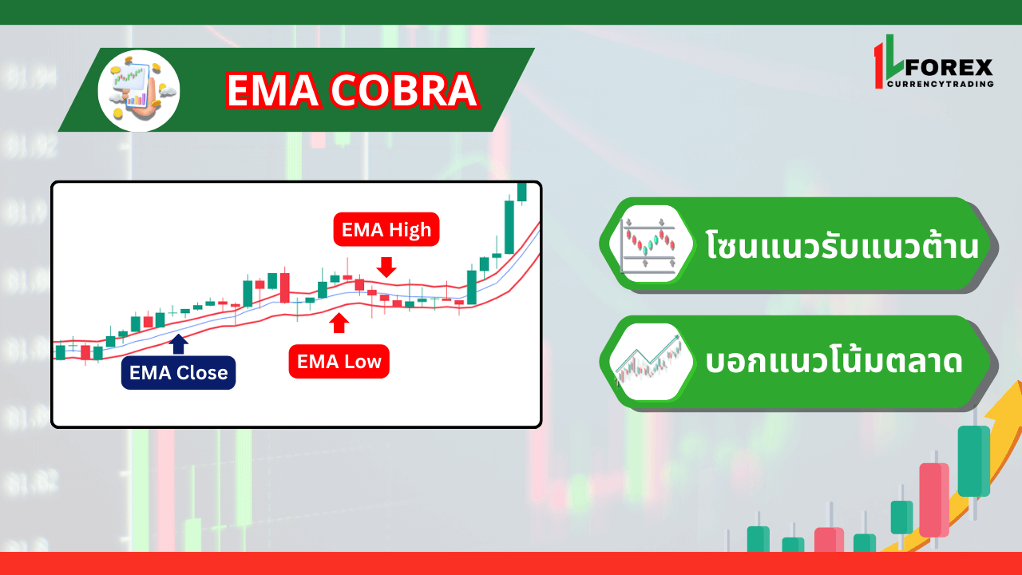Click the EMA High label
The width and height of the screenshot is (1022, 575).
tap(386, 230)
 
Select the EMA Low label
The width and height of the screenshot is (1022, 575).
tap(339, 362)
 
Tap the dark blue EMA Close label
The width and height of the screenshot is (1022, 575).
tap(178, 373)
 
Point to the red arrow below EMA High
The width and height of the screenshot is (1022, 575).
tap(387, 267)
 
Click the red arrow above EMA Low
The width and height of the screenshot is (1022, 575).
tap(339, 323)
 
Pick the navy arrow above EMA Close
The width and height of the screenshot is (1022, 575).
tap(179, 343)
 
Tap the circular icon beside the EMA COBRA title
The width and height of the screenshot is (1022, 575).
tap(139, 90)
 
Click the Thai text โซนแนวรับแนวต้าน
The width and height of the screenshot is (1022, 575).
tap(842, 245)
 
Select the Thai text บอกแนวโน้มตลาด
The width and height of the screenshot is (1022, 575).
tap(834, 363)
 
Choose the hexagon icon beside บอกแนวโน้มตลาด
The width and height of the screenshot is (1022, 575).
tap(648, 362)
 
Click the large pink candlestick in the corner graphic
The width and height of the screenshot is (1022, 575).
tap(933, 500)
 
